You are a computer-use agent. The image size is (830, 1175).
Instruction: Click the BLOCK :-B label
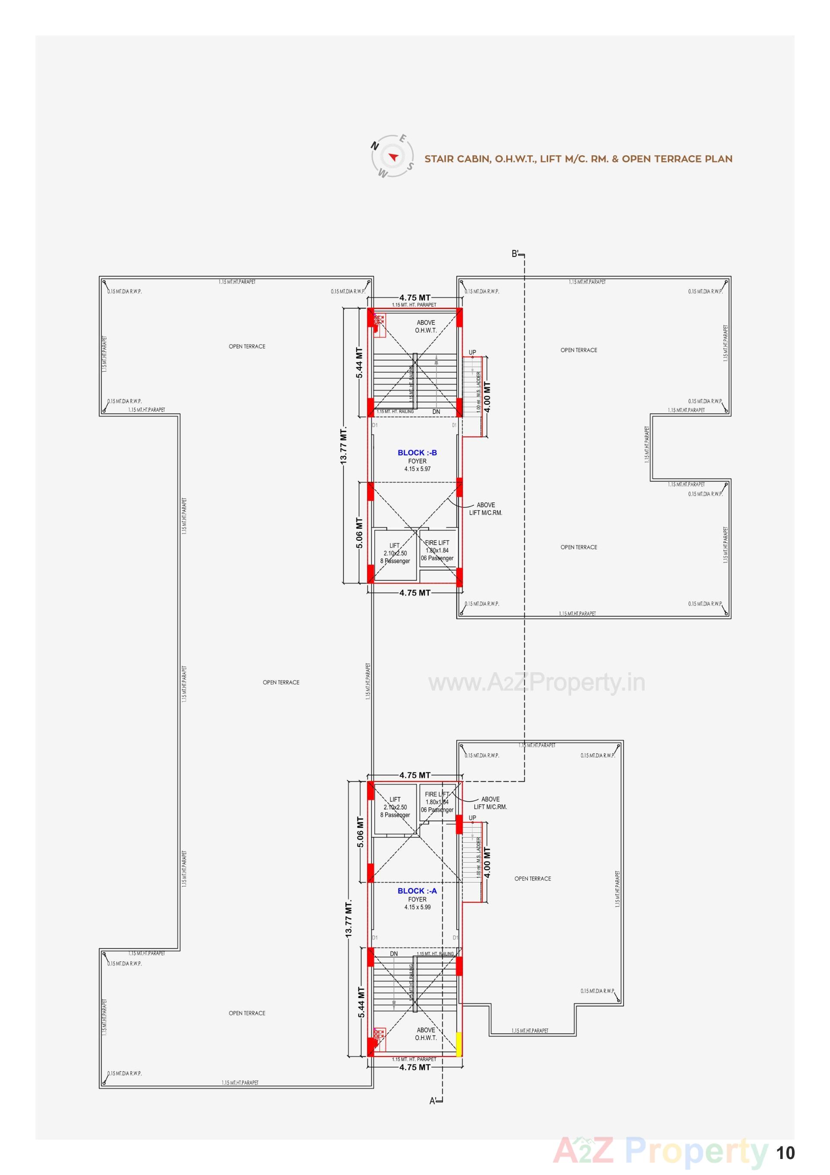[417, 453]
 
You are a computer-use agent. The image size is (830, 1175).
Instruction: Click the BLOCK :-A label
[417, 891]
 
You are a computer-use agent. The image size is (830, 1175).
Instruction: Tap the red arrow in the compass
[393, 157]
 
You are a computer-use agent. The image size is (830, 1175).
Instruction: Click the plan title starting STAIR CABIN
[578, 159]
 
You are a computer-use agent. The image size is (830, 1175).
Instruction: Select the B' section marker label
[515, 254]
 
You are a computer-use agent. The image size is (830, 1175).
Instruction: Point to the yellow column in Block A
[459, 1044]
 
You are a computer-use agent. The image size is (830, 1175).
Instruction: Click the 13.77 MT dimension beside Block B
[344, 445]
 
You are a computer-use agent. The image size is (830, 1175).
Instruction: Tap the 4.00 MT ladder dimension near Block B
[487, 397]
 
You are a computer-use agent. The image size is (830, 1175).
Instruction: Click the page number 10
[785, 1153]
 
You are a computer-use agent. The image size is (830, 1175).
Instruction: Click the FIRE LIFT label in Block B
[437, 543]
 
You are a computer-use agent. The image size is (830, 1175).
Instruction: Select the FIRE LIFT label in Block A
[437, 794]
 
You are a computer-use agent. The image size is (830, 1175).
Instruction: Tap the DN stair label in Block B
[436, 411]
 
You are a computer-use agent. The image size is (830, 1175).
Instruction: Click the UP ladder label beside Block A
[472, 818]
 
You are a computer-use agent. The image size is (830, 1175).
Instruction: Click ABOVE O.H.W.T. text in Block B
[425, 327]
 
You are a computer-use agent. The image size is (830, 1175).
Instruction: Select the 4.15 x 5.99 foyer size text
[417, 907]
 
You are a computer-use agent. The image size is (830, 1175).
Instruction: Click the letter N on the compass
[375, 146]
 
